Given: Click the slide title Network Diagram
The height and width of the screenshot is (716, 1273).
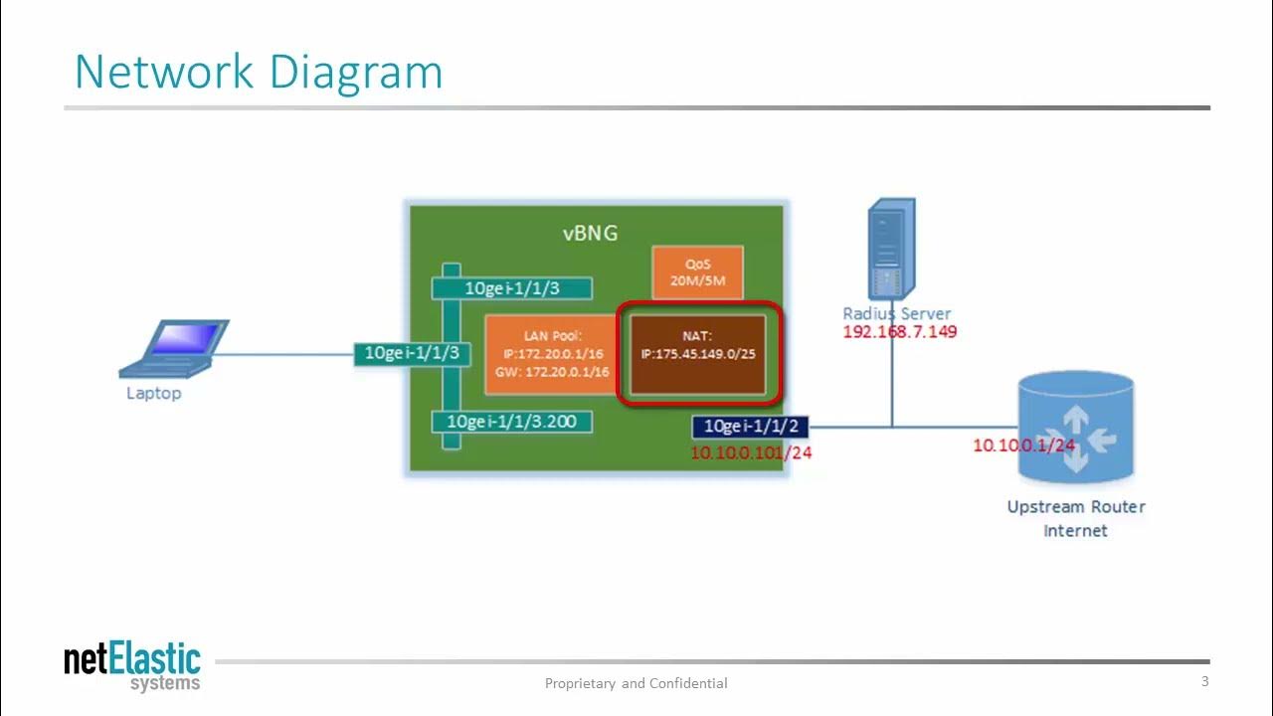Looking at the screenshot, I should pos(259,73).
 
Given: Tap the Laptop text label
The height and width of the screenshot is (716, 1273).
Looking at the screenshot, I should pos(153,393).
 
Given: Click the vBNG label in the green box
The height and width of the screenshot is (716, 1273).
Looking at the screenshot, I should pos(590,233).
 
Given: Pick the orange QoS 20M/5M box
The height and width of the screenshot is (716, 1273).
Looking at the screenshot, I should pos(697,272).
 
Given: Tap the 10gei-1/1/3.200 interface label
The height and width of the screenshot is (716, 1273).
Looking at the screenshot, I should pos(511,422).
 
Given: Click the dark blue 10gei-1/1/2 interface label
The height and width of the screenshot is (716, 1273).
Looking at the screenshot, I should pos(751,427).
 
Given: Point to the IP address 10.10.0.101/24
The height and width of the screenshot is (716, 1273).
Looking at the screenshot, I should pos(751,452).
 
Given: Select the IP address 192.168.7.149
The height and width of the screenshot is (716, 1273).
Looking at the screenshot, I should pos(899,332).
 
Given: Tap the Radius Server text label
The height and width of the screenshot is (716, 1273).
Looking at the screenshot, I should pos(897,313).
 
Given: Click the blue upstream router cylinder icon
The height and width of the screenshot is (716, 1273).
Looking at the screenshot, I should pos(1075,428).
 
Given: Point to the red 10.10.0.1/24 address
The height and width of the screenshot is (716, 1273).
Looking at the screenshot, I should pos(1023,446).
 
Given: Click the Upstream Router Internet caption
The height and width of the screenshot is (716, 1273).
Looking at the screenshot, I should pos(1075,518).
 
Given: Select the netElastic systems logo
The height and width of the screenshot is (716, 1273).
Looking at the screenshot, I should pos(132,666).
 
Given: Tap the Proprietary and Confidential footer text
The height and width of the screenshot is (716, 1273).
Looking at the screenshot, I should pos(636,683).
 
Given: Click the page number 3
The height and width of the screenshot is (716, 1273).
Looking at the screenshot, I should pos(1204,681).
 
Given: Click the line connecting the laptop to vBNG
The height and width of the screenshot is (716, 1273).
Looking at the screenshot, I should pos(283,353).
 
